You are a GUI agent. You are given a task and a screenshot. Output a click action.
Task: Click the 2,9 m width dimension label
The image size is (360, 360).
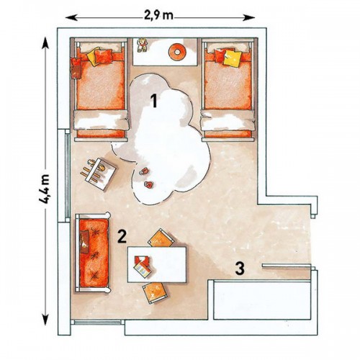[x=158, y=16]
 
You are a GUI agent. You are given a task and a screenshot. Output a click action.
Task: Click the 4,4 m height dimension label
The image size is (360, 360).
[x=45, y=189]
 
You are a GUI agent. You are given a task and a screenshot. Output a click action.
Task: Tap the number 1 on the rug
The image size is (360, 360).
[x=153, y=101]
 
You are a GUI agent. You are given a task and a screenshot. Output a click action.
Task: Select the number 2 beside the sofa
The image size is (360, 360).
[x=122, y=236]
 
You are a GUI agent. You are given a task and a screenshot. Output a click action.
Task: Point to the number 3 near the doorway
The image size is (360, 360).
[x=240, y=269]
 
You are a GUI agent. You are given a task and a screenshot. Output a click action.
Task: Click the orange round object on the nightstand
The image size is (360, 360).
[x=177, y=52]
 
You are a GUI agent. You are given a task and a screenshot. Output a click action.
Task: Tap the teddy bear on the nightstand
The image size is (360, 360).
[x=142, y=45]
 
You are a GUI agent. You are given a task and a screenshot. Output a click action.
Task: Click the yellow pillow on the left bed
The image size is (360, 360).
[x=92, y=56]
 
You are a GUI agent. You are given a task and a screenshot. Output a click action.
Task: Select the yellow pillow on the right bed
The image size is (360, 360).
[x=233, y=58]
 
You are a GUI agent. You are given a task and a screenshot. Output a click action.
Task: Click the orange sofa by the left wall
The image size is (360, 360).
[x=93, y=253]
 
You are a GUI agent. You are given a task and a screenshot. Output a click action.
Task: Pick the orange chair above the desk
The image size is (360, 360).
[x=161, y=238]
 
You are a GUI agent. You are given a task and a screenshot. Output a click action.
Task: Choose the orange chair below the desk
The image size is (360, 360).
[x=154, y=292]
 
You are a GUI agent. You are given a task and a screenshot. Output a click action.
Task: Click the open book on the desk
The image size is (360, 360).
[x=143, y=266]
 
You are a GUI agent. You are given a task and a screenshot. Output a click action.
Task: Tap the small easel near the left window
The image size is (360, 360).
[x=99, y=174]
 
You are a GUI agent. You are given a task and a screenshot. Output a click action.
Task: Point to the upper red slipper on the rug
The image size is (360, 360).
[x=144, y=171]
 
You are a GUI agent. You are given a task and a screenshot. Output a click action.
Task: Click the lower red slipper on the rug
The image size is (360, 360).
[x=149, y=184]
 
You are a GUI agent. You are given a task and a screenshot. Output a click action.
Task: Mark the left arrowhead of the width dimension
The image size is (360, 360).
[x=71, y=17]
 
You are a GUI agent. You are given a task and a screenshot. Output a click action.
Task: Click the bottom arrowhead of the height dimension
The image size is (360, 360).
[x=45, y=319]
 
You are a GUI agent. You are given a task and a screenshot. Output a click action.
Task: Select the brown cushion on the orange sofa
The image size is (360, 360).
[x=84, y=241]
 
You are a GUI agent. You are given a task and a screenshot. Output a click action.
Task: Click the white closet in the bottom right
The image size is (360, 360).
[x=262, y=300]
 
